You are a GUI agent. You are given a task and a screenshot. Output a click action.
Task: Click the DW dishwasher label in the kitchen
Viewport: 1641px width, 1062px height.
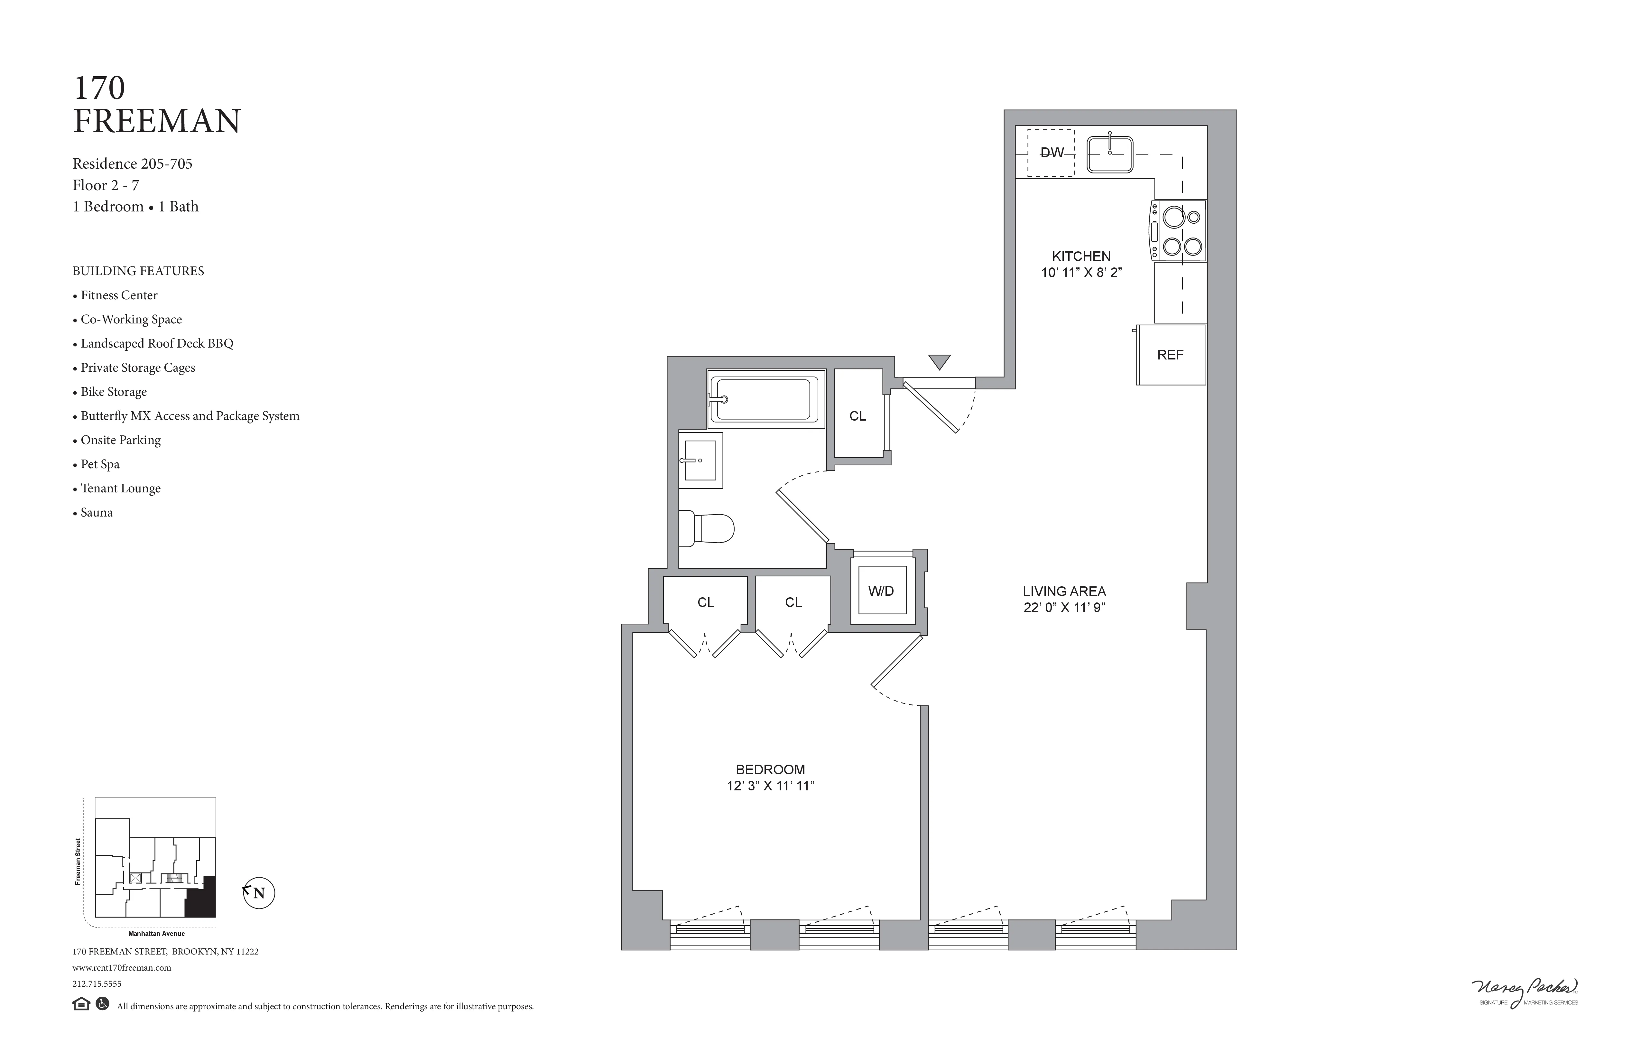1052,153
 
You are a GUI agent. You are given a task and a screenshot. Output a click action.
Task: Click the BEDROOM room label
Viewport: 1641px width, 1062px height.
770,769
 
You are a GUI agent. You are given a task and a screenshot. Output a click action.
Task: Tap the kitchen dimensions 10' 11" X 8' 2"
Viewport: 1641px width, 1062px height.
1081,272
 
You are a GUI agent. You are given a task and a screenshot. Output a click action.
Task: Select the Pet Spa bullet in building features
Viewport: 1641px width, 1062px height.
100,464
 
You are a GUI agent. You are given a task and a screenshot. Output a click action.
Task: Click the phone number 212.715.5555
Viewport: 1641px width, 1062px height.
97,984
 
